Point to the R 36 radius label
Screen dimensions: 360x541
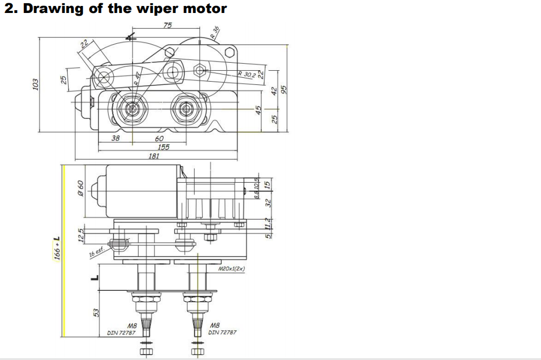click(x=215, y=33)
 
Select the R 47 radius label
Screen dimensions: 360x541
click(x=137, y=78)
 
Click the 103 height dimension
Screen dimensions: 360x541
click(x=35, y=85)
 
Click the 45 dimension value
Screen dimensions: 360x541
click(x=259, y=110)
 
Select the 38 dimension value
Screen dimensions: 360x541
click(x=115, y=138)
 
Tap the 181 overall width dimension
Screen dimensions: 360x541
click(x=154, y=156)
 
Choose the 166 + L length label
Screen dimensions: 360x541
click(x=57, y=248)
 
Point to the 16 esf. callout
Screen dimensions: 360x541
click(x=96, y=252)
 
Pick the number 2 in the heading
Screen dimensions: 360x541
click(x=8, y=9)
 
